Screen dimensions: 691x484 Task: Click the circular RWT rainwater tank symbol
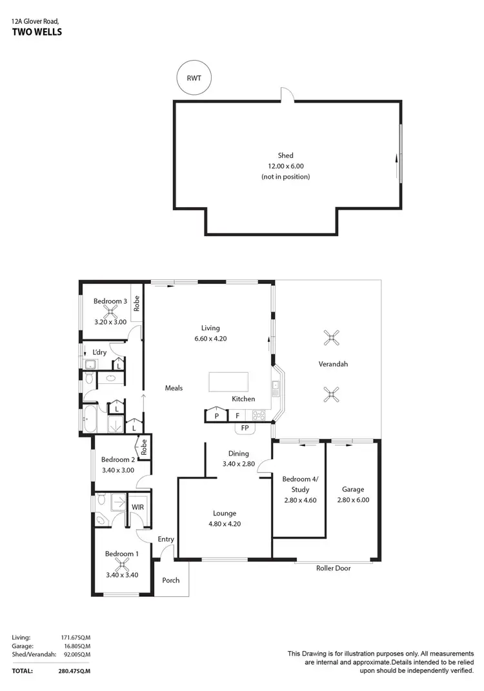pyautogui.click(x=194, y=79)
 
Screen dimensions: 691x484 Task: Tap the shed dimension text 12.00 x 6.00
pyautogui.click(x=285, y=166)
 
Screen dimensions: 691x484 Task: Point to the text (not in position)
pyautogui.click(x=285, y=176)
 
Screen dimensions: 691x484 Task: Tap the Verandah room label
pyautogui.click(x=333, y=364)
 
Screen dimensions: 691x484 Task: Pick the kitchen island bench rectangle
pyautogui.click(x=229, y=381)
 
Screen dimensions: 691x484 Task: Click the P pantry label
pyautogui.click(x=216, y=416)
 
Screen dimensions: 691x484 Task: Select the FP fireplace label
pyautogui.click(x=245, y=428)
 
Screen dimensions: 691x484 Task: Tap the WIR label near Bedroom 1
pyautogui.click(x=138, y=508)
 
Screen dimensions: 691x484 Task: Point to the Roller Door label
pyautogui.click(x=333, y=568)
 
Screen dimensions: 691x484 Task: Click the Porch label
pyautogui.click(x=171, y=580)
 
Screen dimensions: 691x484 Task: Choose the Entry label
pyautogui.click(x=166, y=539)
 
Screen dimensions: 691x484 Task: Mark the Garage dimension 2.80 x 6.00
pyautogui.click(x=353, y=499)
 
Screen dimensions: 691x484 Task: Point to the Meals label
pyautogui.click(x=174, y=388)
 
